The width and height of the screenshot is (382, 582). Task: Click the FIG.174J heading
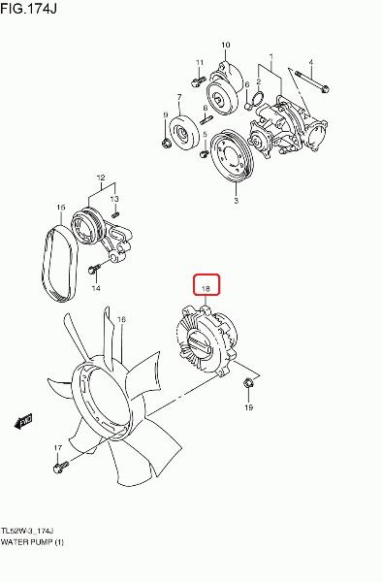(28, 8)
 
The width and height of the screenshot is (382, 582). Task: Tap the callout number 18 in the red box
(206, 288)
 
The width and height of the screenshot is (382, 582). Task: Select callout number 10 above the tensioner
(226, 45)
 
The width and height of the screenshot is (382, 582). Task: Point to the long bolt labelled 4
(312, 81)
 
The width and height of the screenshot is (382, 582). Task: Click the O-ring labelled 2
(257, 99)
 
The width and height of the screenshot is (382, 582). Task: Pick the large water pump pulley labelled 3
(231, 155)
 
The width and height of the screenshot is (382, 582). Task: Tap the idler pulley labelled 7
(181, 132)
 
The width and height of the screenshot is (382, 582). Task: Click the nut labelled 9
(167, 143)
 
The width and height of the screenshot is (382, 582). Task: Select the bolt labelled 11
(199, 81)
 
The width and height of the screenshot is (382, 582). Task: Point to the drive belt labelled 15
(59, 263)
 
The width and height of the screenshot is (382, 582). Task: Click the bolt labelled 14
(94, 270)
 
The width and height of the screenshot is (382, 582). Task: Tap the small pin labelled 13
(115, 214)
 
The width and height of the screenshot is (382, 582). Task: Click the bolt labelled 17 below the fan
(61, 467)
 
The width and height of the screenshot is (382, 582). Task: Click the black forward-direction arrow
(23, 421)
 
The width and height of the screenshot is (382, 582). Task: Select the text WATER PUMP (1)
(32, 542)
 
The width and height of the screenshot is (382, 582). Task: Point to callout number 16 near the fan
(121, 319)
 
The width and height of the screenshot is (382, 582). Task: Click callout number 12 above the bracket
(101, 178)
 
